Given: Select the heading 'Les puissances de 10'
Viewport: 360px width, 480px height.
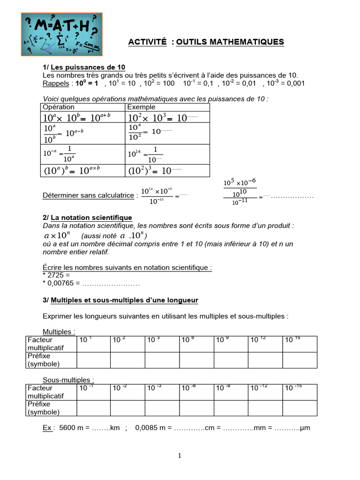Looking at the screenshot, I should [88, 67].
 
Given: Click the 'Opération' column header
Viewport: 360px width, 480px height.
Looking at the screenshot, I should [59, 107].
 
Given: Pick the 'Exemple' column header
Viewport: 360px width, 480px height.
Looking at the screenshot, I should [142, 107].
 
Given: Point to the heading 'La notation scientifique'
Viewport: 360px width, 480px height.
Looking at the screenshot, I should [91, 217].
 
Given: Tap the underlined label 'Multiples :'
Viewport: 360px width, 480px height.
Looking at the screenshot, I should [59, 332].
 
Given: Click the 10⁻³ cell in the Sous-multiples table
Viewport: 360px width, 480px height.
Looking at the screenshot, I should [162, 392].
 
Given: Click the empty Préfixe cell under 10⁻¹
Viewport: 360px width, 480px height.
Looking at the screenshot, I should [93, 408].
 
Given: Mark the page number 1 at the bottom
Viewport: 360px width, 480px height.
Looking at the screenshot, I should [180, 456].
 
